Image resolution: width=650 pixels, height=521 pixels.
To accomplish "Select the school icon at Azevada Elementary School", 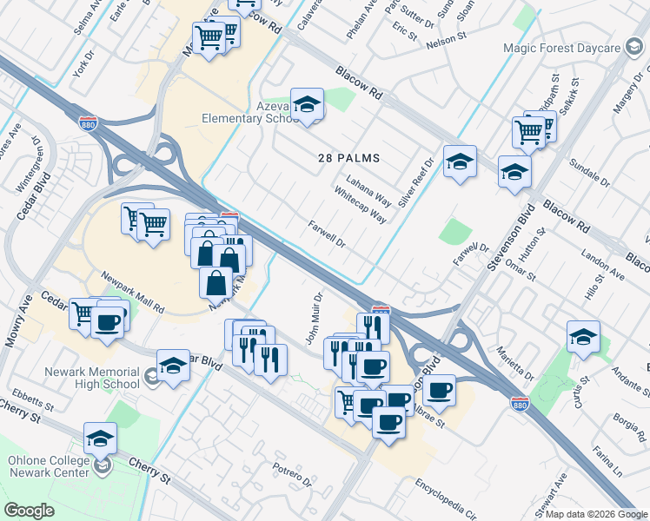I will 306,105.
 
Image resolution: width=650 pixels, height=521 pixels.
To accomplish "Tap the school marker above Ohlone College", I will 101,439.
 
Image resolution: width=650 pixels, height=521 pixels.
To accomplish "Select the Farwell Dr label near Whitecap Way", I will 328,234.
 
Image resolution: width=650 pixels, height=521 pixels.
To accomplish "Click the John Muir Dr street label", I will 315,318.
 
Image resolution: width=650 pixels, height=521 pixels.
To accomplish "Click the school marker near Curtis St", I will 582,338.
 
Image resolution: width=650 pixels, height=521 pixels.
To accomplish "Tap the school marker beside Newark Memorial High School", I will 173,366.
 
